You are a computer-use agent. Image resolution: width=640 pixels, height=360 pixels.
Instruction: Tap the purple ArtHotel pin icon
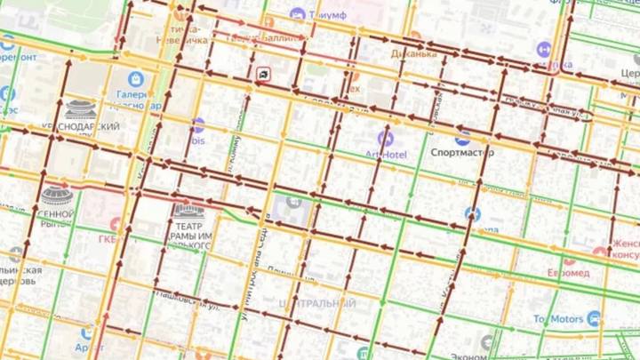tap(385, 139)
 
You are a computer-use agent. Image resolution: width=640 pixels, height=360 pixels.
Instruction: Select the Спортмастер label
tap(462, 152)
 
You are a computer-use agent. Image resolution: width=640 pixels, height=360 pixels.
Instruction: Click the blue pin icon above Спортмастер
tap(462, 138)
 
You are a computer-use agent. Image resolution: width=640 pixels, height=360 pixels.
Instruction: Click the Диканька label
tap(414, 53)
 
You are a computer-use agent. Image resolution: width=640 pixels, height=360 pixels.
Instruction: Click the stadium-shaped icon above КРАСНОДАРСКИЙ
tap(81, 109)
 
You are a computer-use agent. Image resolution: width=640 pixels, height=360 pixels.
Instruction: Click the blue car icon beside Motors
tap(593, 318)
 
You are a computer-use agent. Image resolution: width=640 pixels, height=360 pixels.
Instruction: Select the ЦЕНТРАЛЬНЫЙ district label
tap(319, 304)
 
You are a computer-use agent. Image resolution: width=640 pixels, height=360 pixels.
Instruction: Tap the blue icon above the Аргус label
tap(86, 330)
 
